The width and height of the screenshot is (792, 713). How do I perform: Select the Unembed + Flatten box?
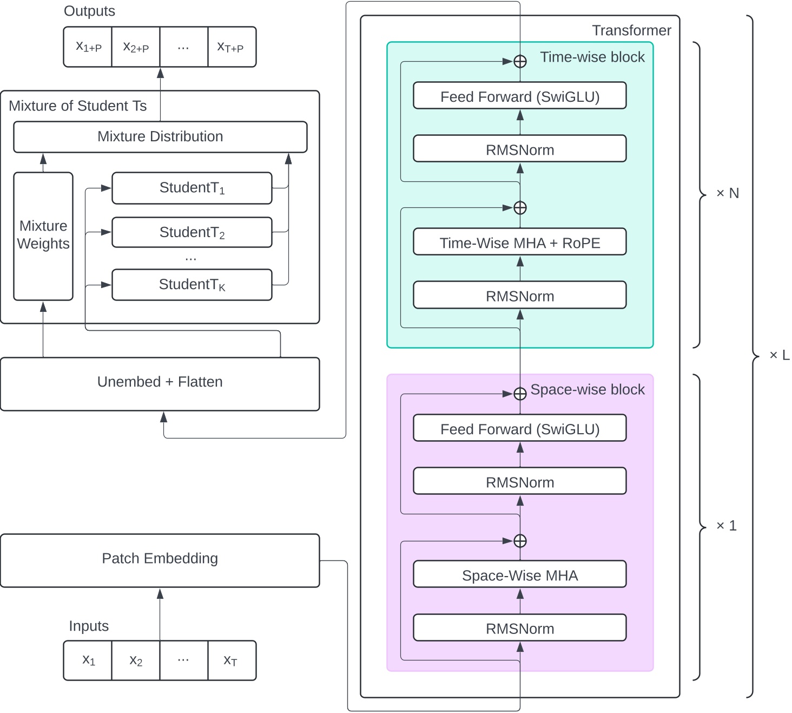tap(160, 383)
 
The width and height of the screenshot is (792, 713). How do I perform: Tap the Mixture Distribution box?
tap(160, 137)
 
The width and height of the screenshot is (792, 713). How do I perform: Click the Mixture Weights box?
tap(43, 236)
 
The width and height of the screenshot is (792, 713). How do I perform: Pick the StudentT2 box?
tap(192, 232)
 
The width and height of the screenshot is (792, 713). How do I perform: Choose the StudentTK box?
tap(192, 284)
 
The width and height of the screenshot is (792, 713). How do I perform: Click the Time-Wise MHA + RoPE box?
tap(519, 242)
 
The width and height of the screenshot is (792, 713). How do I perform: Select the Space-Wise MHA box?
tap(519, 574)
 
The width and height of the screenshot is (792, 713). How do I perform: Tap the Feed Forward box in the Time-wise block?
tap(519, 96)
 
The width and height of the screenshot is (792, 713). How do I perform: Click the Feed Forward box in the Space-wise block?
tap(519, 428)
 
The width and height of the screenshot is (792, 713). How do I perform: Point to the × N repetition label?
tap(727, 193)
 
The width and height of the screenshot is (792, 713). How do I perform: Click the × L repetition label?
tap(779, 355)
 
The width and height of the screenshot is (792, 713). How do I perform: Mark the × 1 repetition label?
tap(726, 526)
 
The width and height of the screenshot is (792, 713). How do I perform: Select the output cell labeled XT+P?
tap(231, 47)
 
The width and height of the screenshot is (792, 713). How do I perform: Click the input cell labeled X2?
tap(136, 660)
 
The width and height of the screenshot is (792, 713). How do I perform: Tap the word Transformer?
tap(631, 30)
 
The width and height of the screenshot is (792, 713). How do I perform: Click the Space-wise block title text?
tap(588, 390)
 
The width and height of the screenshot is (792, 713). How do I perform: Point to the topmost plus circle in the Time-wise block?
tap(520, 62)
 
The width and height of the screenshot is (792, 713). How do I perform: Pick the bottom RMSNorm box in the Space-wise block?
tap(519, 628)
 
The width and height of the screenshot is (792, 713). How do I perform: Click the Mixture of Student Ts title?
tap(78, 106)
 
